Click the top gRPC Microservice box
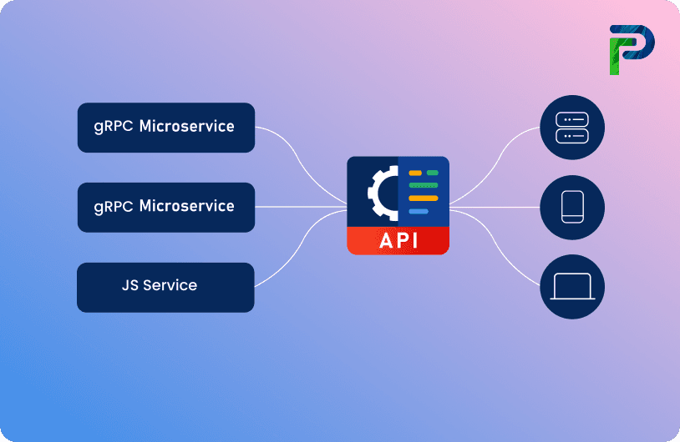pyautogui.click(x=165, y=128)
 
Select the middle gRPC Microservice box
pyautogui.click(x=165, y=207)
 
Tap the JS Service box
pyautogui.click(x=165, y=287)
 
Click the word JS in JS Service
pyautogui.click(x=130, y=285)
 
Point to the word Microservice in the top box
pyautogui.click(x=186, y=127)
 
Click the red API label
pyautogui.click(x=398, y=240)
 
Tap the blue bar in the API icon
pyautogui.click(x=419, y=212)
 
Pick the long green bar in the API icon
pyautogui.click(x=423, y=185)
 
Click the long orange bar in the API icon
pyautogui.click(x=423, y=198)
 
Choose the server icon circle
pyautogui.click(x=571, y=128)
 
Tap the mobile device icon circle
pyautogui.click(x=571, y=207)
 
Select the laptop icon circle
pyautogui.click(x=571, y=287)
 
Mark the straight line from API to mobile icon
pyautogui.click(x=493, y=207)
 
